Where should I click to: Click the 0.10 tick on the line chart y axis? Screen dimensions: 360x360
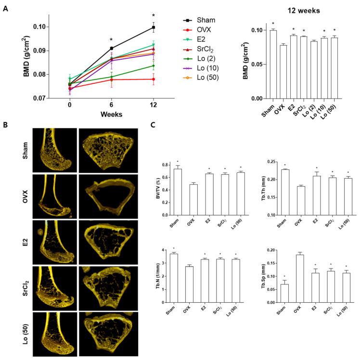[x=51, y=26]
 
